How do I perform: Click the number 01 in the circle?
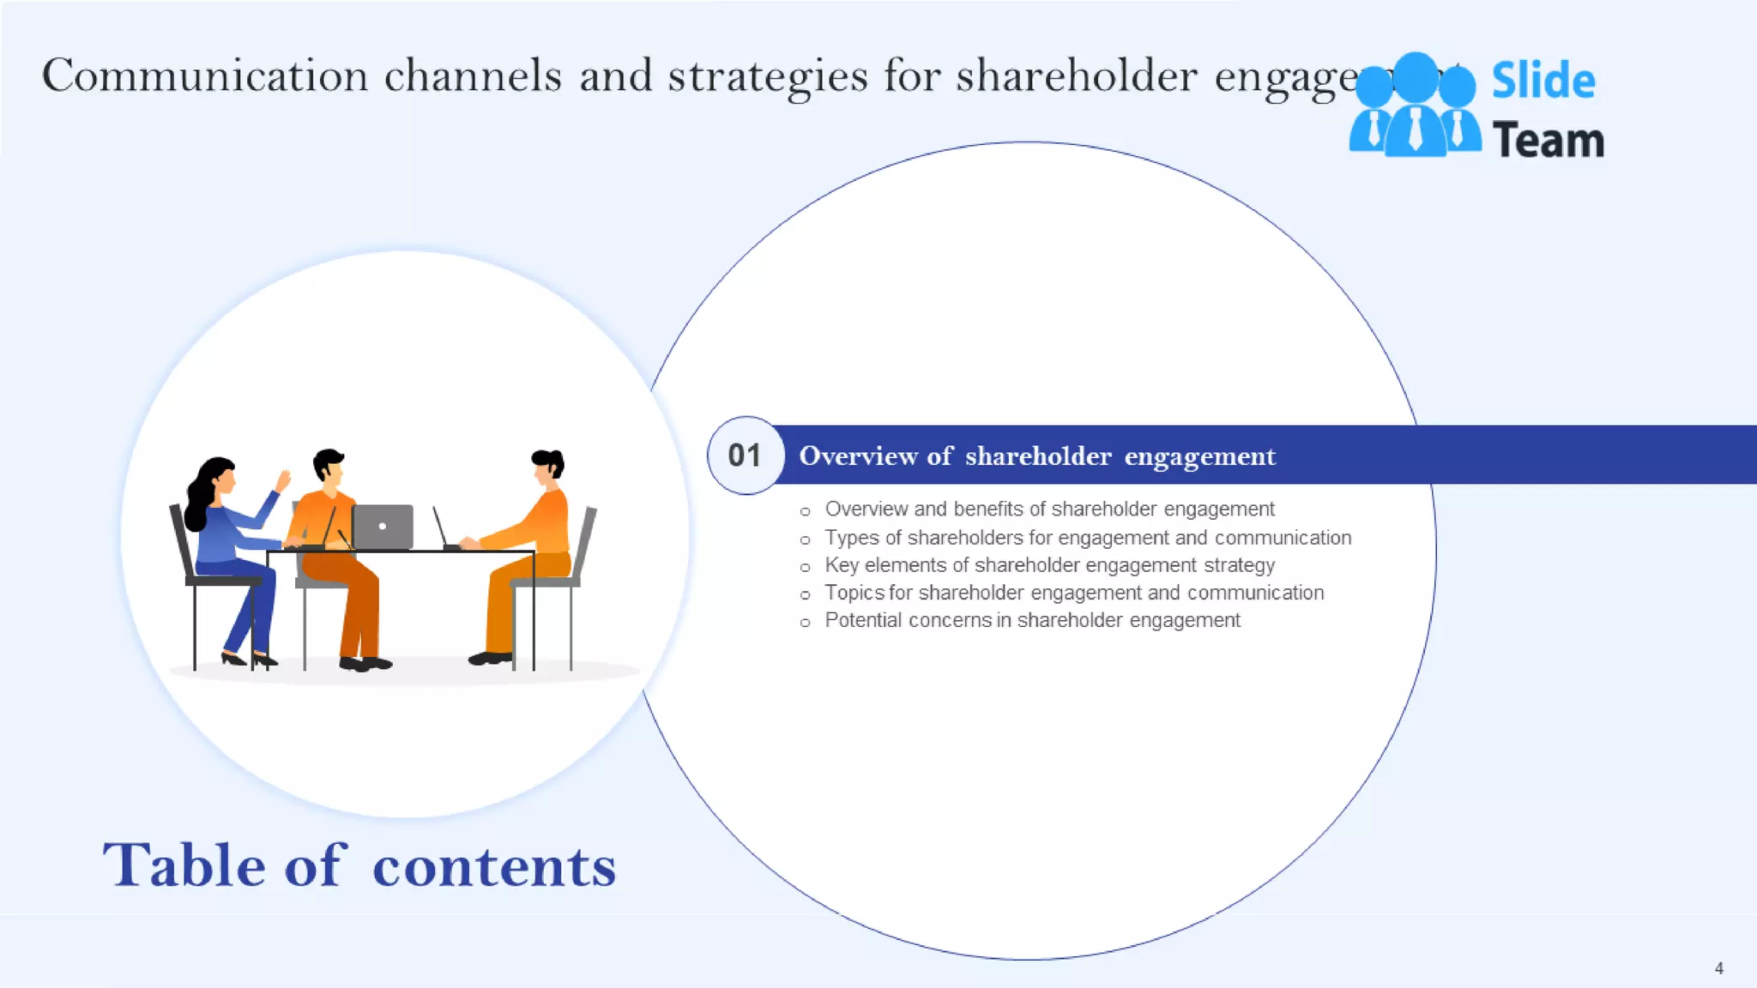pyautogui.click(x=745, y=455)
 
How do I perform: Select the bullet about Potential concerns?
pyautogui.click(x=1032, y=620)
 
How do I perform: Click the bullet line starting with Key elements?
pyautogui.click(x=1049, y=565)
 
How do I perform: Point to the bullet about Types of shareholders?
pyautogui.click(x=1087, y=538)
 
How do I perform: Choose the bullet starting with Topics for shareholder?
pyautogui.click(x=1073, y=593)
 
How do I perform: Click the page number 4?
pyautogui.click(x=1718, y=968)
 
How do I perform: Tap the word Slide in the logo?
pyautogui.click(x=1543, y=81)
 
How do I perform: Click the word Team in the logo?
pyautogui.click(x=1548, y=141)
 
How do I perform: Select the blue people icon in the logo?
pyautogui.click(x=1415, y=106)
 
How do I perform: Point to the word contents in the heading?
pyautogui.click(x=494, y=866)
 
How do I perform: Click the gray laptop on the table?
pyautogui.click(x=383, y=527)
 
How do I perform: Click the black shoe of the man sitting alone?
pyautogui.click(x=490, y=659)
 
